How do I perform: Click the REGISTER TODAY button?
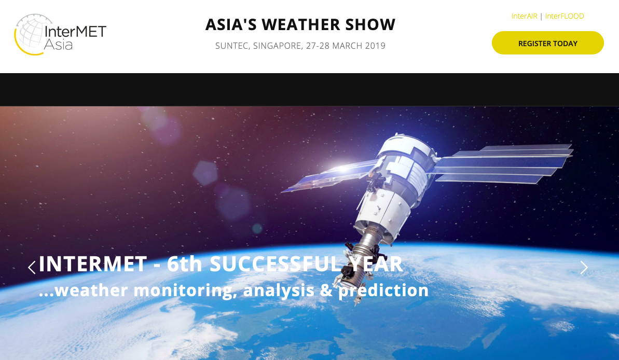click(547, 43)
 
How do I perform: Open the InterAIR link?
click(524, 16)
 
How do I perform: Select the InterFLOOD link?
click(565, 16)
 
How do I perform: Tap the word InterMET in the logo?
click(75, 32)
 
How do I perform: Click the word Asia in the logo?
click(58, 44)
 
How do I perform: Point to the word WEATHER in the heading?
click(301, 24)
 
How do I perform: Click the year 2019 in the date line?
click(375, 46)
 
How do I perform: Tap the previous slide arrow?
click(32, 267)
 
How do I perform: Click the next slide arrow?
click(584, 267)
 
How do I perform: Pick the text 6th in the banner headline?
click(184, 264)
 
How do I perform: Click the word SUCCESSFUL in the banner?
click(275, 264)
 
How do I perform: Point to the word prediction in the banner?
click(384, 290)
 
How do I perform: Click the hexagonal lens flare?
click(205, 173)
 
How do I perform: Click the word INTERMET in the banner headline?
click(93, 264)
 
